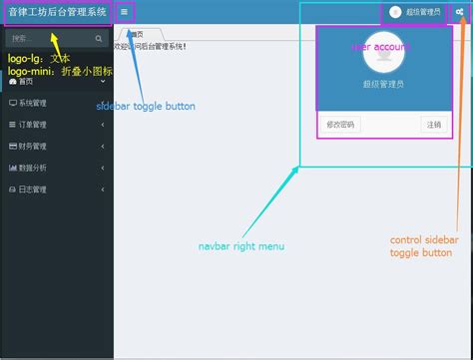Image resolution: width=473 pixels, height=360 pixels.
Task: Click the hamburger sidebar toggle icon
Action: (x=124, y=12)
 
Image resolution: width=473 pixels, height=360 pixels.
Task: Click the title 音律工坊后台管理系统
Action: (x=57, y=12)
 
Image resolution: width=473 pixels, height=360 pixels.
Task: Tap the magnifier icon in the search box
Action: (x=99, y=39)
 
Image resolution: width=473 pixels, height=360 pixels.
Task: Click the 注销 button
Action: (x=433, y=125)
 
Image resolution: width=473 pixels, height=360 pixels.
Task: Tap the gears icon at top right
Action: (x=458, y=12)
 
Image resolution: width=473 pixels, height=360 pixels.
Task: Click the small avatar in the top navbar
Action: (x=395, y=12)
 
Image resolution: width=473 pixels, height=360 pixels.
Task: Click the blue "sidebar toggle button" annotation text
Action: (x=145, y=106)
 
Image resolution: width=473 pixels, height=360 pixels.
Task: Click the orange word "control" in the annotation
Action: (x=406, y=240)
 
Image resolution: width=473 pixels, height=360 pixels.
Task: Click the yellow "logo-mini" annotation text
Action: (x=29, y=72)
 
